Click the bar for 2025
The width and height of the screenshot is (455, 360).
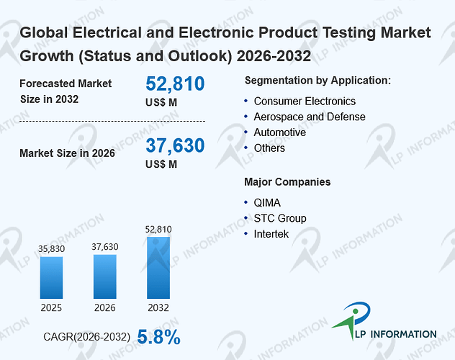pyautogui.click(x=51, y=278)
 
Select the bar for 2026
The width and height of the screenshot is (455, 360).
pyautogui.click(x=105, y=276)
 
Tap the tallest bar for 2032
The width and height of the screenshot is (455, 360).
pyautogui.click(x=158, y=268)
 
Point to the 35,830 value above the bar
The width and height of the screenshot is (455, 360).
pyautogui.click(x=51, y=248)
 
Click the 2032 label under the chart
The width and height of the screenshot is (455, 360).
pyautogui.click(x=158, y=307)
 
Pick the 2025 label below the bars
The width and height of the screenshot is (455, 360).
pyautogui.click(x=51, y=307)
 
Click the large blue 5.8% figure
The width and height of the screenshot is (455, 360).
pyautogui.click(x=158, y=337)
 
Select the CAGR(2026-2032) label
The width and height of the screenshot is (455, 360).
pyautogui.click(x=87, y=337)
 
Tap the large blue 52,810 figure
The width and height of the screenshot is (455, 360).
pyautogui.click(x=175, y=84)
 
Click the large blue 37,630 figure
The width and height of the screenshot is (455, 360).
pyautogui.click(x=175, y=145)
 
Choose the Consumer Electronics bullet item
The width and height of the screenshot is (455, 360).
pyautogui.click(x=305, y=102)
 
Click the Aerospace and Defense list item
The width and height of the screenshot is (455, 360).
pyautogui.click(x=310, y=117)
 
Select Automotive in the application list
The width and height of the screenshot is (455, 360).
pyautogui.click(x=280, y=132)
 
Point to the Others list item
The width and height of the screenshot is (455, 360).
pyautogui.click(x=269, y=148)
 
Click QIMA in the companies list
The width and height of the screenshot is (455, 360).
pyautogui.click(x=267, y=203)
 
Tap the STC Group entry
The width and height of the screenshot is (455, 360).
pyautogui.click(x=280, y=218)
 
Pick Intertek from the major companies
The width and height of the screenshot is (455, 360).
pyautogui.click(x=271, y=234)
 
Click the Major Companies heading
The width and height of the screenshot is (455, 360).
pyautogui.click(x=287, y=182)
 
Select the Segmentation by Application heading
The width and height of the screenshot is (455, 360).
pyautogui.click(x=317, y=81)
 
